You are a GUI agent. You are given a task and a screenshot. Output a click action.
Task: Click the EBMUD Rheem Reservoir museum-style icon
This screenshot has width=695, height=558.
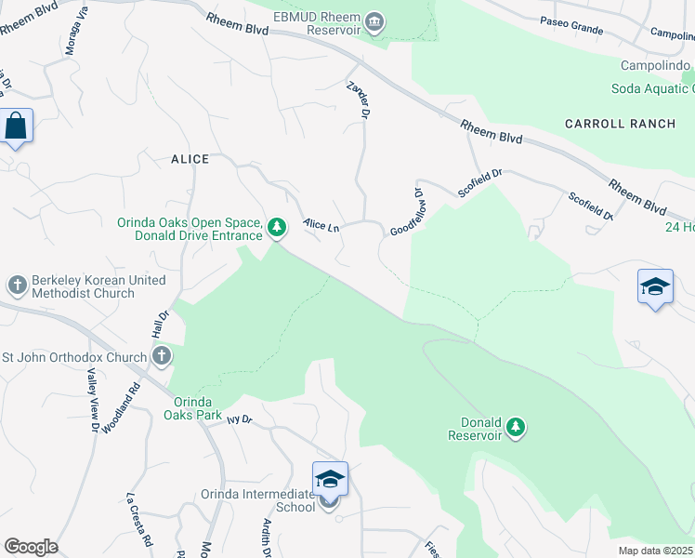[374, 21]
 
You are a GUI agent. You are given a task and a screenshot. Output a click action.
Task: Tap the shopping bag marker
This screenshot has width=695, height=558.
[17, 126]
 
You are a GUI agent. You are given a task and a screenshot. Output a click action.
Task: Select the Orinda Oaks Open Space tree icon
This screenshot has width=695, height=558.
[276, 226]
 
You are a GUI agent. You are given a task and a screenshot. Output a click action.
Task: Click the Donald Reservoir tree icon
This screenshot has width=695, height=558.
[516, 427]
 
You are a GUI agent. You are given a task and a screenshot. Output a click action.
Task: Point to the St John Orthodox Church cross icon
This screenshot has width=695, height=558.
[162, 356]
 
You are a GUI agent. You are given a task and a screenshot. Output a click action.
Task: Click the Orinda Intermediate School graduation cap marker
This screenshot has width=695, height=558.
[330, 479]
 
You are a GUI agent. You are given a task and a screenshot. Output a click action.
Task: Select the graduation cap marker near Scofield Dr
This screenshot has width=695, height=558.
[655, 286]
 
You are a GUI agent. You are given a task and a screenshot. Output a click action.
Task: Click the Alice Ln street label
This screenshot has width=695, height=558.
[321, 225]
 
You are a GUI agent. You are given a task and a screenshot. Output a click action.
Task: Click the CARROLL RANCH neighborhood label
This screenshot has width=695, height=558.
[607, 124]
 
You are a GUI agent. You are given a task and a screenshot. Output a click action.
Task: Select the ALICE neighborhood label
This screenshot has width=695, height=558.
[190, 159]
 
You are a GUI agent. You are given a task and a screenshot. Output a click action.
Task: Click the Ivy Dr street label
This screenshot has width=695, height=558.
[239, 419]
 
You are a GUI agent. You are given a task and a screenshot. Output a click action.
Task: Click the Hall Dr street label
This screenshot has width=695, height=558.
[159, 325]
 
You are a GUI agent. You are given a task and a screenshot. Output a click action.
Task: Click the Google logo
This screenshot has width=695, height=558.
[31, 547]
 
